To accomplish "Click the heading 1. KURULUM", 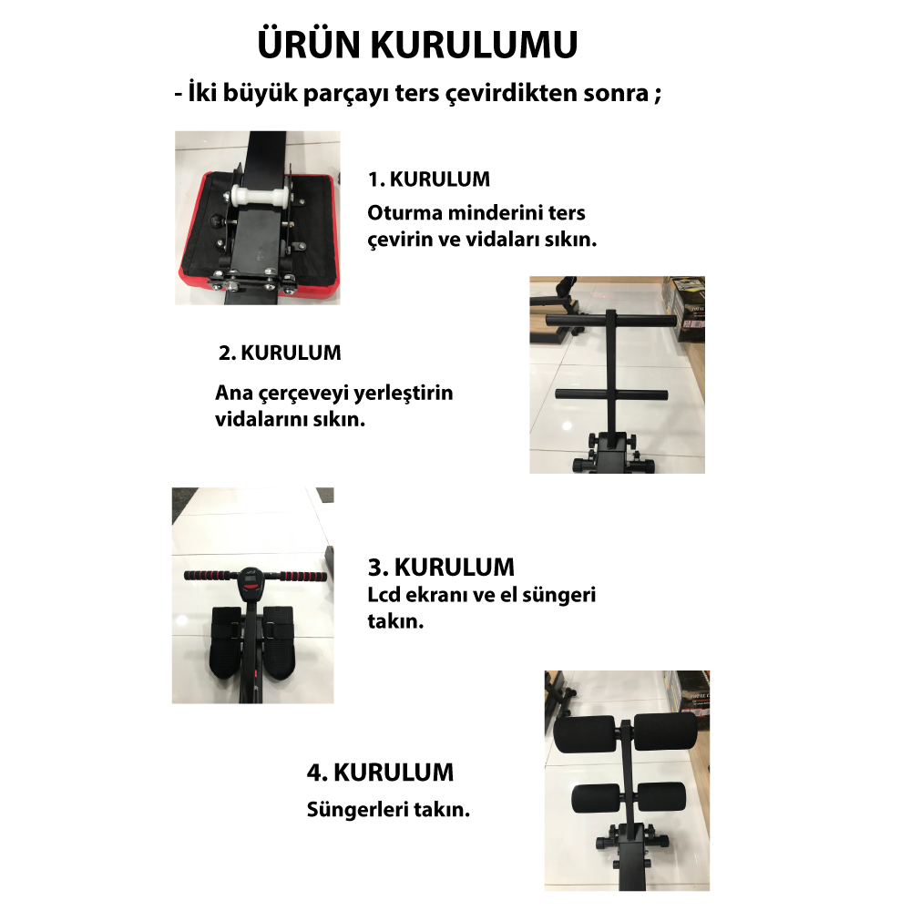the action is tap(429, 179).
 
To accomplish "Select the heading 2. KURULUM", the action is tap(280, 353).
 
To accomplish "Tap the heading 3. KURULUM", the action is tap(441, 567).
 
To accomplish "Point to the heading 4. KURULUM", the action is tap(380, 773).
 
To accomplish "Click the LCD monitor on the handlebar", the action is tap(251, 583).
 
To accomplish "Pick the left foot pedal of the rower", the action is tap(227, 642).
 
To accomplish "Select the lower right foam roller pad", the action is tap(661, 797).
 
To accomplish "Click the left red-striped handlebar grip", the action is tap(210, 576).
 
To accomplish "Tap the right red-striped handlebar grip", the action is tap(303, 577).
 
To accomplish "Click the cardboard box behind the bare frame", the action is tap(688, 309).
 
